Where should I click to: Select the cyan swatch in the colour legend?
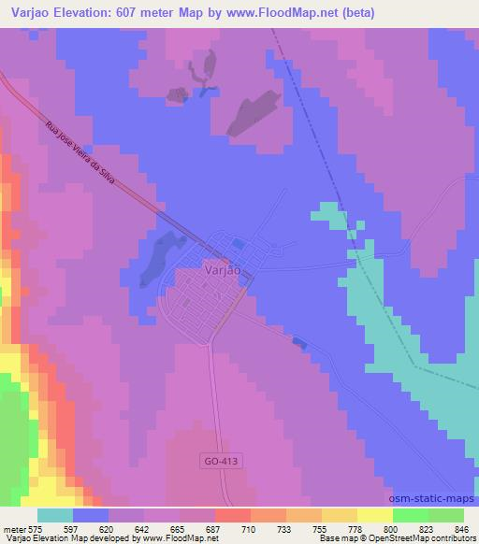(55, 516)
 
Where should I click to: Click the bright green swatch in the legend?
(411, 516)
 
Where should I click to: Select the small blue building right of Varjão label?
(239, 244)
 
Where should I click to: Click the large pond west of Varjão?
(159, 257)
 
